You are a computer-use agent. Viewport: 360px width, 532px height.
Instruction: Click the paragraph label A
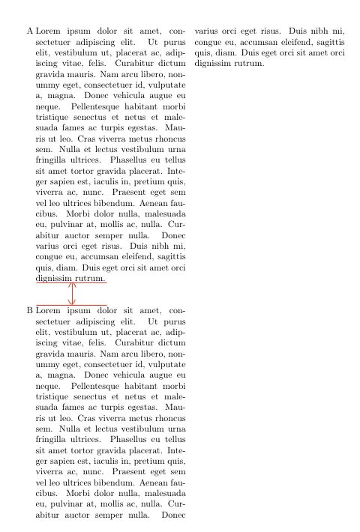[29, 33]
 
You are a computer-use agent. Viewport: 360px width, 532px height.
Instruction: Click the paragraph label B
[29, 310]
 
